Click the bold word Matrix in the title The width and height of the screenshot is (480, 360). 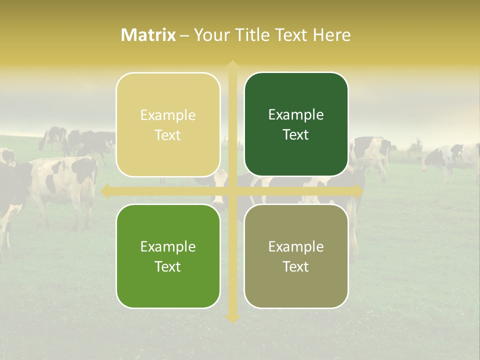148,35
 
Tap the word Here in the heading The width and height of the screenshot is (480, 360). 331,35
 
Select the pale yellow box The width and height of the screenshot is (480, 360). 168,124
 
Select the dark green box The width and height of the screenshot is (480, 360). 296,124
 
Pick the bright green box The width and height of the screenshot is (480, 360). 168,256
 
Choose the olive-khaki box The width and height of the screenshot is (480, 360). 296,256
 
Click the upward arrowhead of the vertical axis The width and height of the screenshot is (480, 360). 232,65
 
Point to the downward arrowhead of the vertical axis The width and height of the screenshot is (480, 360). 232,318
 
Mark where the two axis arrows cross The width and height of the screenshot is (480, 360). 232,191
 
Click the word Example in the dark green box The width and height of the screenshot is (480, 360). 296,114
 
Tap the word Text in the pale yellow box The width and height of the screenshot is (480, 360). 168,135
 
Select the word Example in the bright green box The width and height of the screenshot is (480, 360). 168,246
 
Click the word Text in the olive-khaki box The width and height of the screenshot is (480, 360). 296,266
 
